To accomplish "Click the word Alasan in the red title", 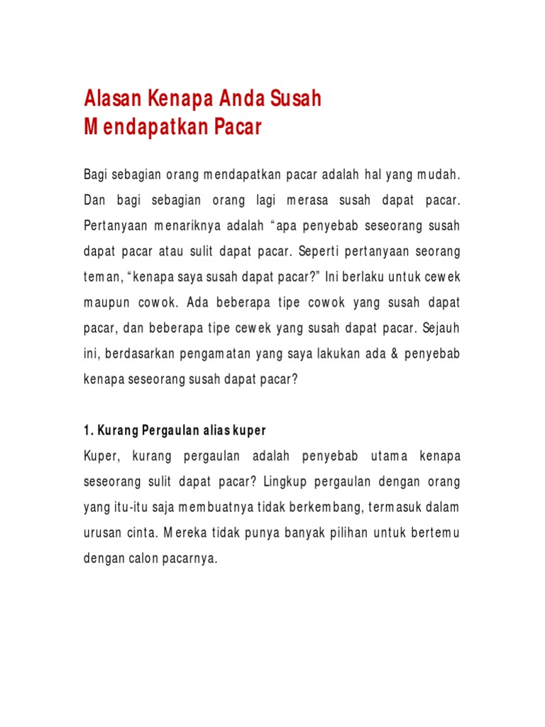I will [x=111, y=99].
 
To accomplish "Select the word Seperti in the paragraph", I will [x=322, y=251].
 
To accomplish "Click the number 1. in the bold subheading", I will [x=89, y=431].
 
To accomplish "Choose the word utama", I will [x=385, y=456].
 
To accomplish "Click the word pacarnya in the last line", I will [x=189, y=559].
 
